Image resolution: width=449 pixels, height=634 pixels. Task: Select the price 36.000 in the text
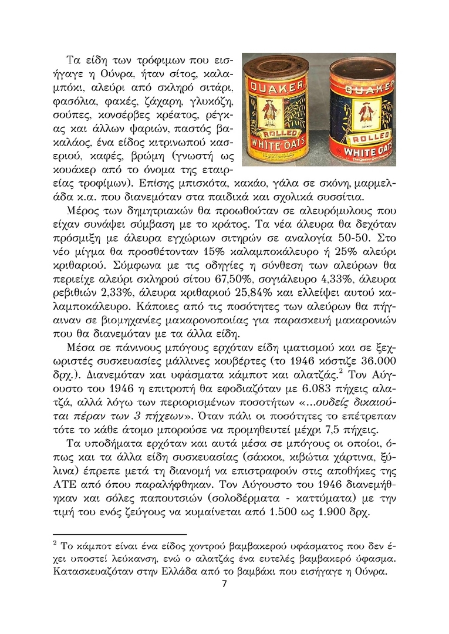tap(376, 359)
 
